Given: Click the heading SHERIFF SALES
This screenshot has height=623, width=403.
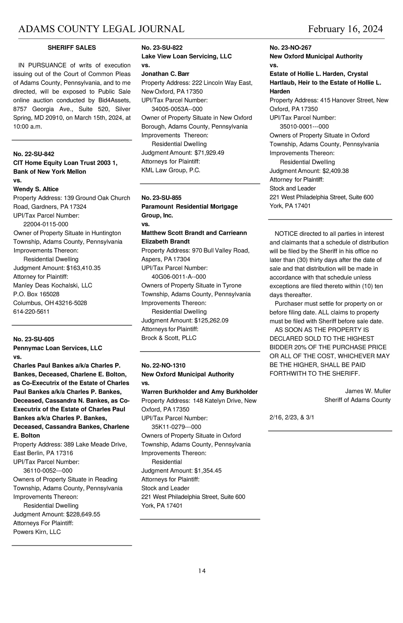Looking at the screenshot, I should tap(72, 48).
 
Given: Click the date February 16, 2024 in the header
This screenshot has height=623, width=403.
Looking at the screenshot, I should tap(345, 29).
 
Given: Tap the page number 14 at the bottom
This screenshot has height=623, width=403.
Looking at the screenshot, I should tap(202, 571).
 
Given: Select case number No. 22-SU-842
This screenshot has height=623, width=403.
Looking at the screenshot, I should tap(34, 154).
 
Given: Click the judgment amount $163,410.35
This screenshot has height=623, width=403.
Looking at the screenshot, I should tap(84, 268).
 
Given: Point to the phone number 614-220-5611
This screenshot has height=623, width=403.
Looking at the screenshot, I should tap(31, 311).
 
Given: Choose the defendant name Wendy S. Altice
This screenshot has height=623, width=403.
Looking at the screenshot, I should tap(36, 189).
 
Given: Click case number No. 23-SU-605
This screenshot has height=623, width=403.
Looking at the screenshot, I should tap(34, 339).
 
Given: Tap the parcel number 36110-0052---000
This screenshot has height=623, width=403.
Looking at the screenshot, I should tap(48, 471).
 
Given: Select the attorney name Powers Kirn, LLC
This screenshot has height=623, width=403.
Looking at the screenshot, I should tap(37, 532).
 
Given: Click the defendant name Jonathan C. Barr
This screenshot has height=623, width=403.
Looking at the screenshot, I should tap(165, 74).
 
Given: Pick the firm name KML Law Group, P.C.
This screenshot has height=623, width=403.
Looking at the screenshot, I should tap(171, 170).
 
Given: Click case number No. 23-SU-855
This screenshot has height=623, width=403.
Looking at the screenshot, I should tap(162, 197).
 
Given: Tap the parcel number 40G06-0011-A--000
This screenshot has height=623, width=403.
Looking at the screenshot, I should tap(179, 276).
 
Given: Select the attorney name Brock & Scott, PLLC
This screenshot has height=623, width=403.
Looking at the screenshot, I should tap(169, 338).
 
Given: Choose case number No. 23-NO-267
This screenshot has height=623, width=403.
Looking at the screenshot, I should tap(290, 48).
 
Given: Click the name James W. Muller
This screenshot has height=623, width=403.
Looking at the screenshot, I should tap(368, 391).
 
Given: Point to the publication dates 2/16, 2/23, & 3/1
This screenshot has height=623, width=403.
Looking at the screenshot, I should tap(292, 417).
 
